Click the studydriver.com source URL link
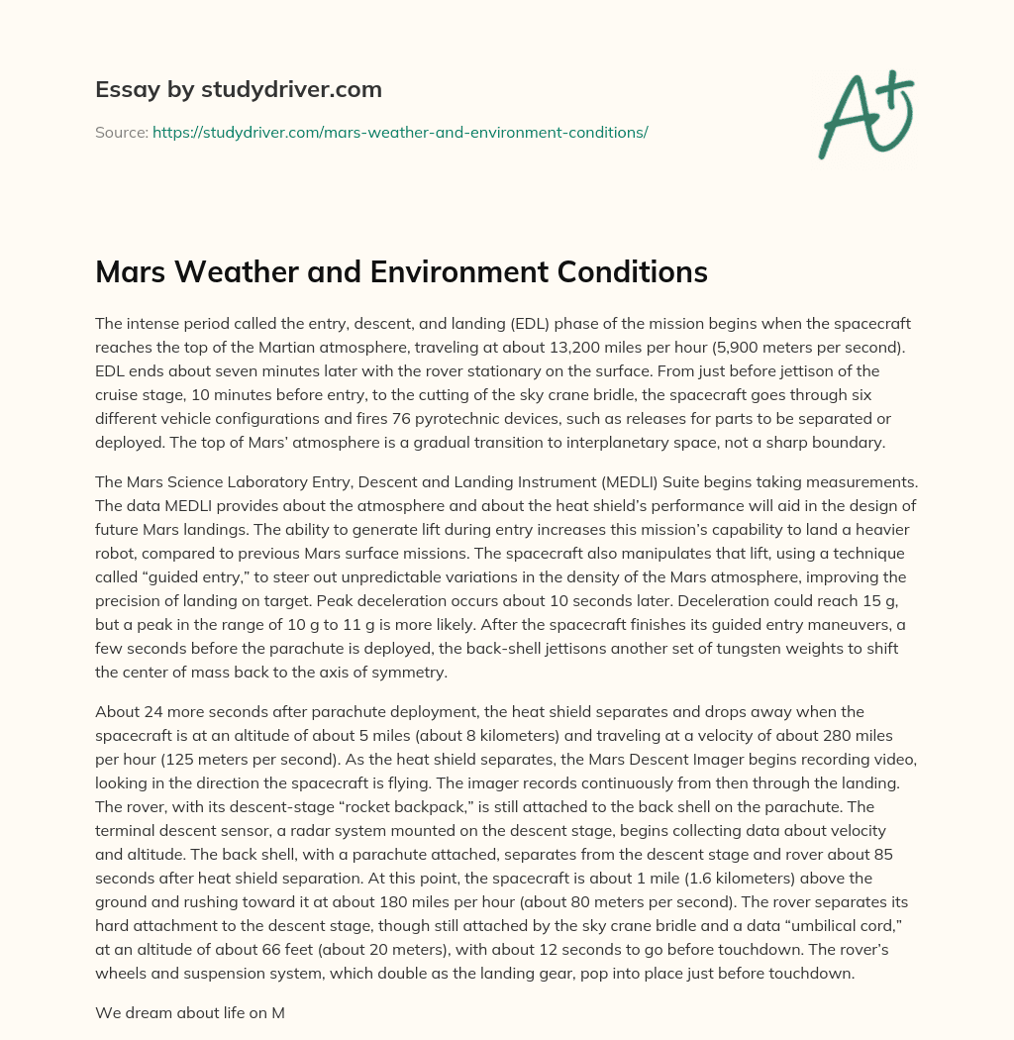[400, 132]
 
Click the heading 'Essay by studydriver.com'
[238, 90]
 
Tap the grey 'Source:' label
[121, 132]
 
